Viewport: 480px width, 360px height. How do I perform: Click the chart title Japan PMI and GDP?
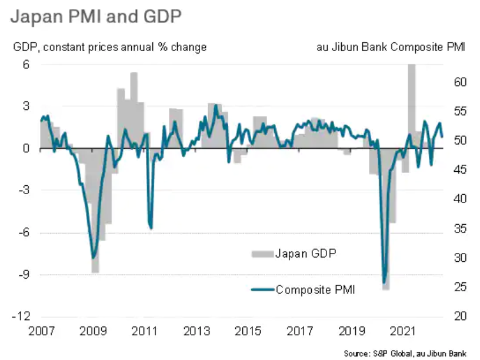[x=95, y=16]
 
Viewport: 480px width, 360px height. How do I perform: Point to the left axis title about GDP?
[x=109, y=47]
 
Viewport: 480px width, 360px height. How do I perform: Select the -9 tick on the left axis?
[x=24, y=275]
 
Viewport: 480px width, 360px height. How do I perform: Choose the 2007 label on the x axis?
[x=41, y=331]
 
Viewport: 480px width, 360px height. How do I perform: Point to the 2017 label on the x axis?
[x=299, y=331]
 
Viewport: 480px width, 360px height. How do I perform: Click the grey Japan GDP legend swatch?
[x=262, y=254]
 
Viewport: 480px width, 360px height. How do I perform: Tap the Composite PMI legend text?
[x=315, y=289]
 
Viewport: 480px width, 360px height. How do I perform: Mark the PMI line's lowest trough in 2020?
[x=385, y=283]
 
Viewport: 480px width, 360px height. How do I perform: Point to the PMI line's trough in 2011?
[x=151, y=228]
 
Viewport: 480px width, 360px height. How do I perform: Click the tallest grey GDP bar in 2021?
[x=412, y=100]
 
